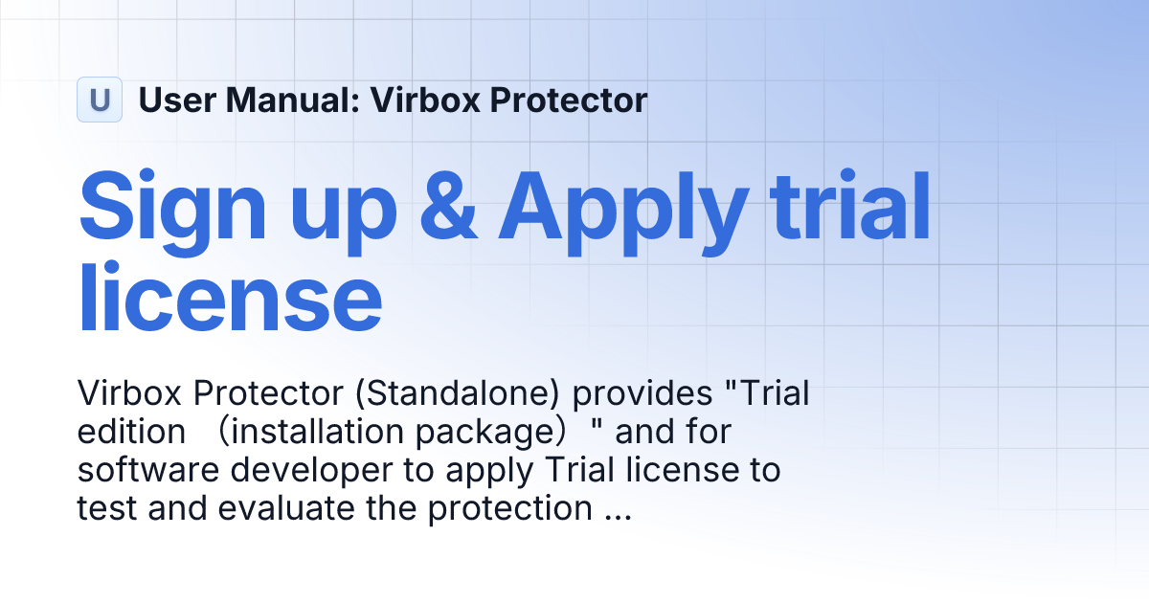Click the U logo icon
(x=100, y=100)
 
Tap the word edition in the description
(x=131, y=432)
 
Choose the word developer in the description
(x=303, y=472)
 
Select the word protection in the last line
(x=509, y=510)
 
